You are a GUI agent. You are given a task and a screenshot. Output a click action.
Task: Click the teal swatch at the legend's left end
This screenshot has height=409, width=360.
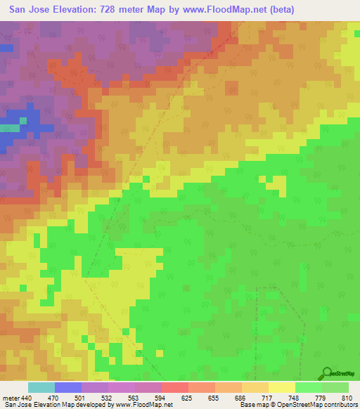[x=41, y=387]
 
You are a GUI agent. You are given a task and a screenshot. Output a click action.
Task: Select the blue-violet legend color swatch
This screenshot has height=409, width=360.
[x=68, y=387]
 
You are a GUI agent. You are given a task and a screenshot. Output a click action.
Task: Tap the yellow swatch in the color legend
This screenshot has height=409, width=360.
[x=282, y=387]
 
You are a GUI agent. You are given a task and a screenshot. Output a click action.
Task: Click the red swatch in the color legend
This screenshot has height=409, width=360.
[x=175, y=387]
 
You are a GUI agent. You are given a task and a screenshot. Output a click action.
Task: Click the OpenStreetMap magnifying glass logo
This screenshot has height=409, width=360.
[x=326, y=372]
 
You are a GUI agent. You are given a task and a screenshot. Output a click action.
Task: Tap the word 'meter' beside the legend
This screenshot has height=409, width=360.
[x=9, y=398]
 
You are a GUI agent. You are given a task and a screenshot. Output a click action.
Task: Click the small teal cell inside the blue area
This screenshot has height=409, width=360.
[x=23, y=120]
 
